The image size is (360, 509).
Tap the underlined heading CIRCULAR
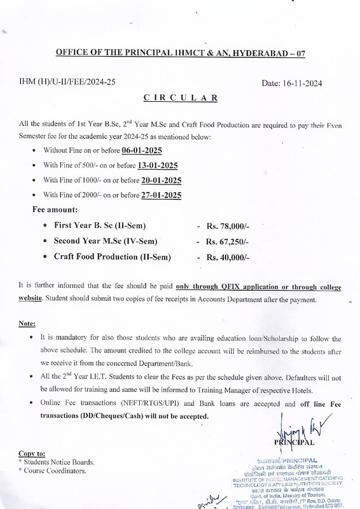181,98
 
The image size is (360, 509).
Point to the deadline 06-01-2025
142,150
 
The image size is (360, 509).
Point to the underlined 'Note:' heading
27,323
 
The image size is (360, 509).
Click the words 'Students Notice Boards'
59,462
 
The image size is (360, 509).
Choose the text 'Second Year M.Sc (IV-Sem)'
106,241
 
